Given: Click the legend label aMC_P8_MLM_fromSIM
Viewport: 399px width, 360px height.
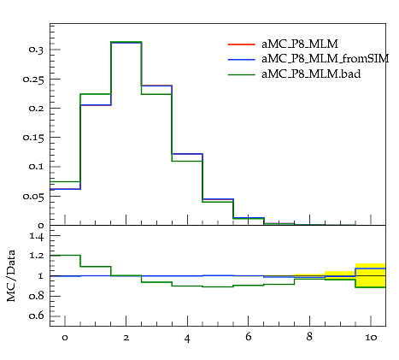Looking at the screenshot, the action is (326, 59).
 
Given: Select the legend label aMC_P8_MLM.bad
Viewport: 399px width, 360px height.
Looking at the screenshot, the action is (311, 74).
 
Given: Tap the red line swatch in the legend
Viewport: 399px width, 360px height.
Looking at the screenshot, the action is (242, 44).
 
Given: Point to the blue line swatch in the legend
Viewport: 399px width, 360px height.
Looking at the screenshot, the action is (242, 59).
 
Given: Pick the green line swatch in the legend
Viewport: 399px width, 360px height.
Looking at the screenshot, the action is (242, 74).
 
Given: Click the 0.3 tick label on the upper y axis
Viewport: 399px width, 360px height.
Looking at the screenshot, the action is (36, 50).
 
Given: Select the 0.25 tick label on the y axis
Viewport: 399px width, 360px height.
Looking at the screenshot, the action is (33, 80).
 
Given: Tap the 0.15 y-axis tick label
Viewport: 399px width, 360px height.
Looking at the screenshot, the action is (33, 138).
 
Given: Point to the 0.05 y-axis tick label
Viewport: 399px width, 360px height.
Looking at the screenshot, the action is (33, 197).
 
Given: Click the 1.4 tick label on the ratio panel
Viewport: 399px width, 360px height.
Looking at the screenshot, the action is (37, 236).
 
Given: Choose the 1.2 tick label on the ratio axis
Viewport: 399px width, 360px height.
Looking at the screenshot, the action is (37, 256).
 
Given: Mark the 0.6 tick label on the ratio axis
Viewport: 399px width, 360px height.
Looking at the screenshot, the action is (36, 316).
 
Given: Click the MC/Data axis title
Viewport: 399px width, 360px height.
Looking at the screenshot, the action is (11, 275).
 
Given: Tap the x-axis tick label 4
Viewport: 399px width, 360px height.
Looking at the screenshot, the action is (187, 339).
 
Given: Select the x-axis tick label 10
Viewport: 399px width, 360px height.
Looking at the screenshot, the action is (371, 338).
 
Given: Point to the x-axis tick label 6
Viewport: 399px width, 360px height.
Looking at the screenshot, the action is (248, 337).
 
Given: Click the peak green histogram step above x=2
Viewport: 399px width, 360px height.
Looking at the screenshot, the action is (126, 42).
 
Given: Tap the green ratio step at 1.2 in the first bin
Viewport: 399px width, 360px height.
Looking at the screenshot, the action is (65, 255).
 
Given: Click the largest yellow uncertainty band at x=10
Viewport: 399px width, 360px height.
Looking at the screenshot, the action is (371, 275).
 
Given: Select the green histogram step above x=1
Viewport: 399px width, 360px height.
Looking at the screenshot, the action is (96, 94).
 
